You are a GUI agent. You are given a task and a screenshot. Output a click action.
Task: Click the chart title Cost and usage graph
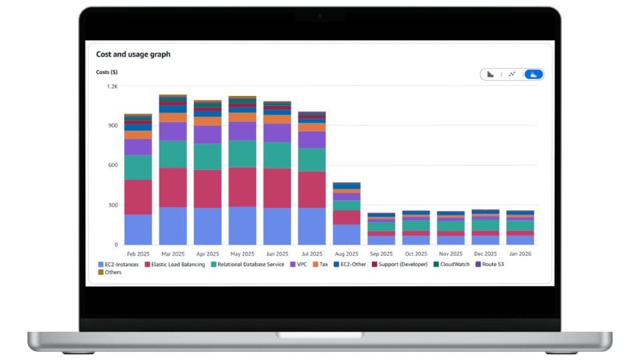click(x=133, y=54)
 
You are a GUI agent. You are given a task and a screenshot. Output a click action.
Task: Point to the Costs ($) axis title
click(x=107, y=72)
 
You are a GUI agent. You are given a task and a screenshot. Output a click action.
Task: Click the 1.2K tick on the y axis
click(x=111, y=87)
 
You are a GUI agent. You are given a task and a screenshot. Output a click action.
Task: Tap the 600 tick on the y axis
click(x=112, y=165)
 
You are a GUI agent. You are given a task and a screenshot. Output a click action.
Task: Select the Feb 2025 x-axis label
click(x=138, y=254)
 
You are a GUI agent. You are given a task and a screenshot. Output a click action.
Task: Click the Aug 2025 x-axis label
click(x=347, y=254)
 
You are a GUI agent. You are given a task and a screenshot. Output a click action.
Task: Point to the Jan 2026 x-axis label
click(x=520, y=254)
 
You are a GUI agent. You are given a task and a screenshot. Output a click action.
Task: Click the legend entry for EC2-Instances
click(x=118, y=265)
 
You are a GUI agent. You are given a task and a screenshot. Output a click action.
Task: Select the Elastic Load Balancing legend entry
click(x=174, y=265)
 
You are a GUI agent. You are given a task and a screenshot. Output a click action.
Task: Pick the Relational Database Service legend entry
click(x=246, y=265)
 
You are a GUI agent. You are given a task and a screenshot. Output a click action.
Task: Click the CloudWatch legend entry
click(x=453, y=265)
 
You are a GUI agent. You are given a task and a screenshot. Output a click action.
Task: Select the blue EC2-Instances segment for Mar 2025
click(x=173, y=226)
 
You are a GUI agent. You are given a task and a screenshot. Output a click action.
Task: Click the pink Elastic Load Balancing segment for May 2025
click(x=242, y=187)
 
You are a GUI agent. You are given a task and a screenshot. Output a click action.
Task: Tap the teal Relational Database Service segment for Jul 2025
click(x=311, y=160)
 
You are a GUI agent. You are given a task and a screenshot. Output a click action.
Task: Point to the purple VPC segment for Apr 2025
click(x=207, y=135)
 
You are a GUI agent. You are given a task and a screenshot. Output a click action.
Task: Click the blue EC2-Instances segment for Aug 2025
click(x=347, y=235)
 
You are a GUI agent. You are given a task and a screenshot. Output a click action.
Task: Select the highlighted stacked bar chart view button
click(x=533, y=74)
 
